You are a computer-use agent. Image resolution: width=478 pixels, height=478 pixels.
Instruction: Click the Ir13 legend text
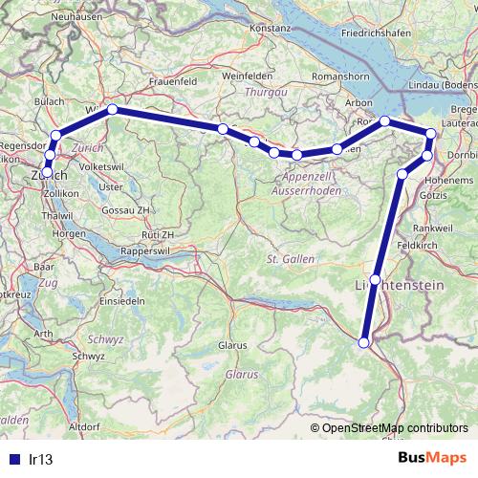pyautogui.click(x=40, y=460)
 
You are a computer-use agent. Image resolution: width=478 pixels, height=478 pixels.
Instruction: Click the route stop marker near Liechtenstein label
pyautogui.click(x=375, y=278)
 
